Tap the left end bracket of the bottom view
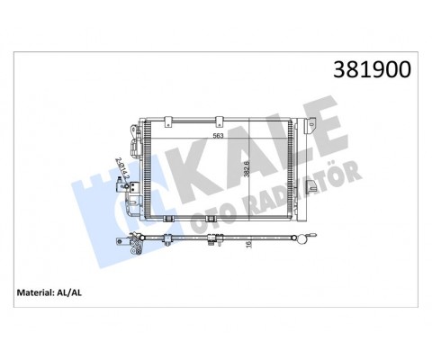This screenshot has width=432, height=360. (x=136, y=244)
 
